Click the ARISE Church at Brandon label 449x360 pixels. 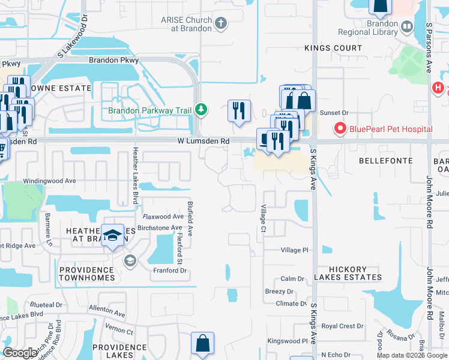(x=186, y=24)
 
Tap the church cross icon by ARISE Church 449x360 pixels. (x=221, y=24)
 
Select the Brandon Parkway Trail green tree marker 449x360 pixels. (x=202, y=109)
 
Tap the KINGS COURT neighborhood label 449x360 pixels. (x=333, y=48)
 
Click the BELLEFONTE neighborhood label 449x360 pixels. (x=386, y=161)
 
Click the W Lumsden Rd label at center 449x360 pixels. (x=203, y=141)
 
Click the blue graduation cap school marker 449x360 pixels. (x=112, y=235)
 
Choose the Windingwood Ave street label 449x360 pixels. (x=49, y=181)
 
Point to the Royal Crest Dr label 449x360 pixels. (x=342, y=326)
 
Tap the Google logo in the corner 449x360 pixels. (x=20, y=353)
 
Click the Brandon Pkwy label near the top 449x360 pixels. (x=113, y=61)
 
